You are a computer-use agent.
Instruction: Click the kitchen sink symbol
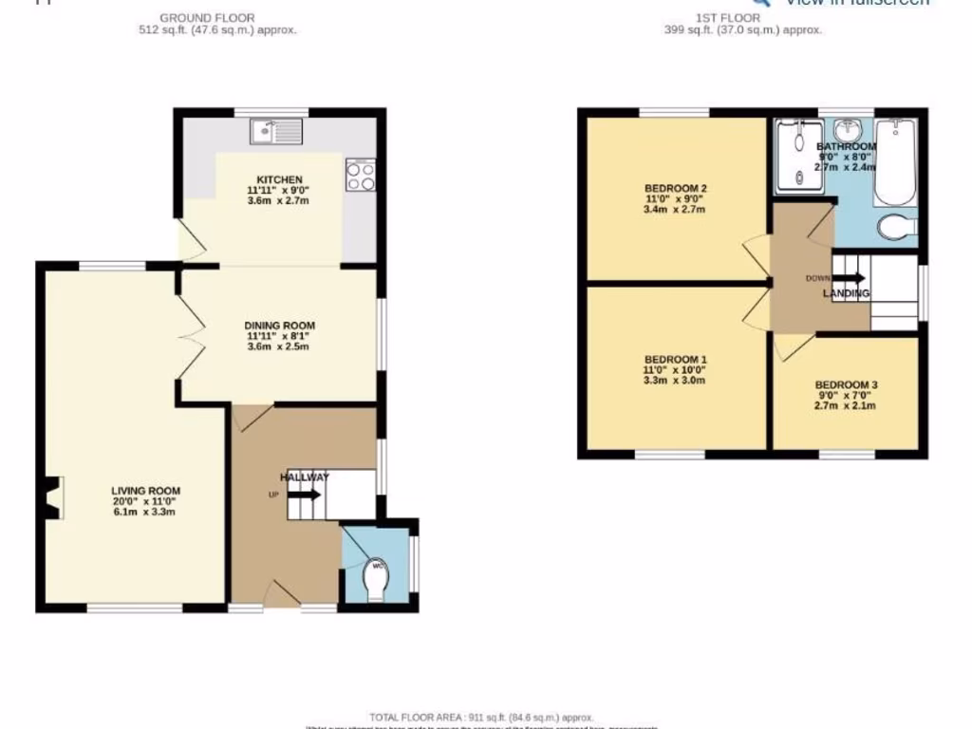[x=276, y=131]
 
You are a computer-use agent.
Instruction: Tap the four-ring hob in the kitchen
[x=361, y=175]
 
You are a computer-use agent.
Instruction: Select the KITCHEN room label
[x=280, y=179]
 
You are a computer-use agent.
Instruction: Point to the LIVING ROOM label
[x=145, y=491]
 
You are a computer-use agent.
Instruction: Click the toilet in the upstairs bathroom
[x=896, y=228]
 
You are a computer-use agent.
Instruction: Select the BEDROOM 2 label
[x=675, y=188]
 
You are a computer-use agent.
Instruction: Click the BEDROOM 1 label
[x=675, y=359]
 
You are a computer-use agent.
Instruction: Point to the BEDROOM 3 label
[x=846, y=384]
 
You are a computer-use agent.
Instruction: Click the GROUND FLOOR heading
[x=206, y=18]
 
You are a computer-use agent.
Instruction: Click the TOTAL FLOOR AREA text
[x=481, y=717]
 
